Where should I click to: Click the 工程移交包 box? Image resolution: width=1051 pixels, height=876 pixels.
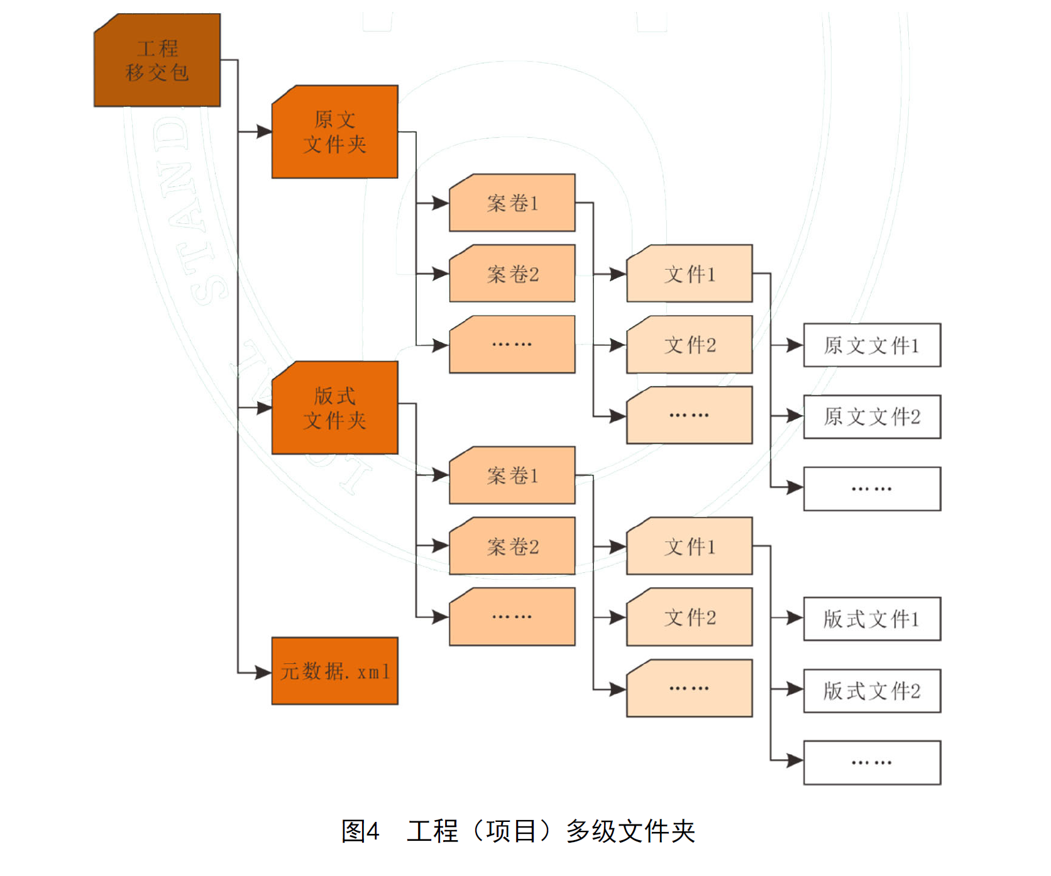157,60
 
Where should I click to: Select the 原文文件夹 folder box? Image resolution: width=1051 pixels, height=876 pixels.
334,132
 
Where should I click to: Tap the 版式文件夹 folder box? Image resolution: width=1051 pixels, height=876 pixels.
334,408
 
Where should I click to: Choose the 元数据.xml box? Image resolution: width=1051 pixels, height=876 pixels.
334,671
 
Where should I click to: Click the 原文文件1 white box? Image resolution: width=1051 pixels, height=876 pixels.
872,345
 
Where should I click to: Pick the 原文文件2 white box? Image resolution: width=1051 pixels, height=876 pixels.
872,416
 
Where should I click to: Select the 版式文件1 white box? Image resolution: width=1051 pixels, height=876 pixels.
872,619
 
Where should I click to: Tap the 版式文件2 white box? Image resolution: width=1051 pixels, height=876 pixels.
872,690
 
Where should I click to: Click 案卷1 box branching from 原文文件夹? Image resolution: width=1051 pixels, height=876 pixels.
512,203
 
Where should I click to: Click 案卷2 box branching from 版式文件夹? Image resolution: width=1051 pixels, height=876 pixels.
512,546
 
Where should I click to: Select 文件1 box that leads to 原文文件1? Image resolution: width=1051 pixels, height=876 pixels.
690,274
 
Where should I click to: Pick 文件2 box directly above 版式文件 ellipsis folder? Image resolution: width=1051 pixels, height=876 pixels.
690,617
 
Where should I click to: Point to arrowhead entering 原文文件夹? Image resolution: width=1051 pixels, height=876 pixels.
265,132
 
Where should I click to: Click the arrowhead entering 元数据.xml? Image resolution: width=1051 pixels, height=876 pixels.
265,673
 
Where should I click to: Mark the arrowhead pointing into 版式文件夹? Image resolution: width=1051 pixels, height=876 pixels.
265,408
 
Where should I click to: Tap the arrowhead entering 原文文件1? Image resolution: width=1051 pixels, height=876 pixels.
796,345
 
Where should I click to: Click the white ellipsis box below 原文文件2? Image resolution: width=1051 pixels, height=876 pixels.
872,489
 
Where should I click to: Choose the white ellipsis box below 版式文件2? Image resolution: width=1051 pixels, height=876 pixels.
872,762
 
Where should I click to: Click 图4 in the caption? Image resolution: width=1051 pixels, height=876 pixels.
360,831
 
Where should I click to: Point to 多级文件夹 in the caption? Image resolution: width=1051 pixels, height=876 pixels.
630,831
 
